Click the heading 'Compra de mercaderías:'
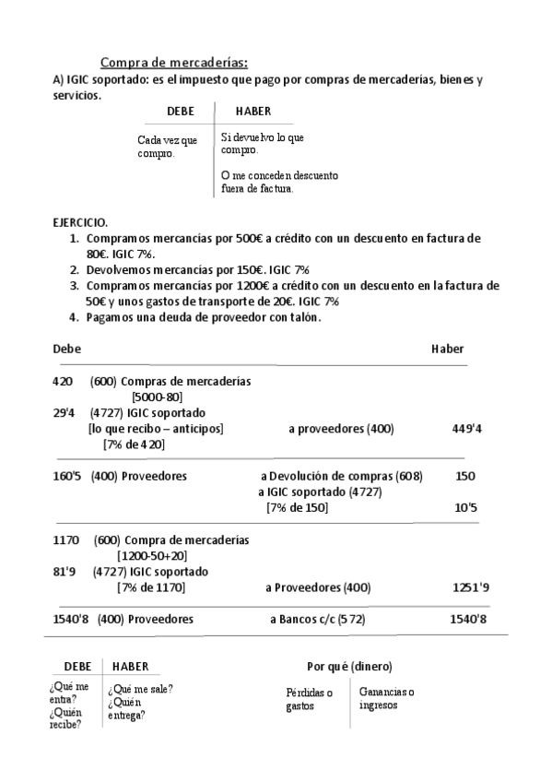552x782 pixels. tap(173, 63)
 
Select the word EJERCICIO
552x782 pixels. tap(80, 223)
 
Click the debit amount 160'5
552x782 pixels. tap(69, 477)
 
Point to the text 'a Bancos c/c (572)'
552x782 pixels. tap(317, 620)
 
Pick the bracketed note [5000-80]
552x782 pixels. tap(161, 397)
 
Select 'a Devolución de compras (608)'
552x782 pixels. tap(342, 477)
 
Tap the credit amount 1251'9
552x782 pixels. tap(471, 587)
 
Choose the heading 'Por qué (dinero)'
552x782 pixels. tap(349, 666)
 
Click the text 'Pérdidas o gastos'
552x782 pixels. tap(309, 699)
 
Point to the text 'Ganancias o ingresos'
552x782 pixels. tap(386, 698)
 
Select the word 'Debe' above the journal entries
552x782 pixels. tap(66, 349)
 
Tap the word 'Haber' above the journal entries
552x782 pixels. tap(447, 349)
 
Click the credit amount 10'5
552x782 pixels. tap(466, 508)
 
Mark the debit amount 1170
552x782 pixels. tap(67, 539)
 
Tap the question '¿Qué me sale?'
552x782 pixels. tap(140, 689)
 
